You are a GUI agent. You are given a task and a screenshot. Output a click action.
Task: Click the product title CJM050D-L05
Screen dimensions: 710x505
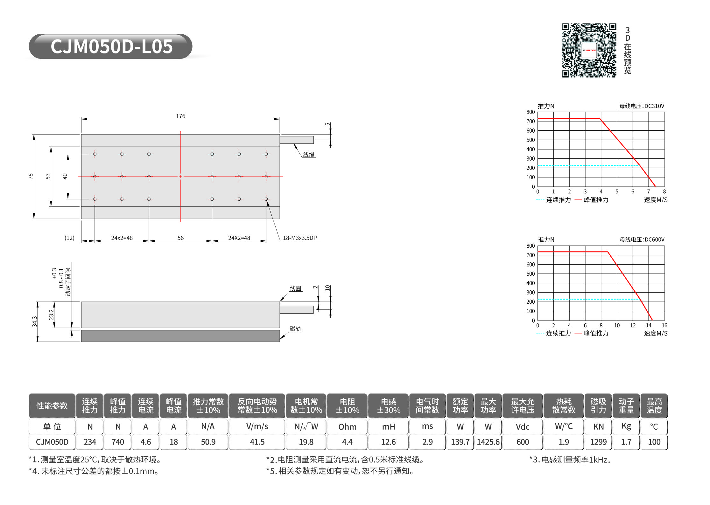point(111,46)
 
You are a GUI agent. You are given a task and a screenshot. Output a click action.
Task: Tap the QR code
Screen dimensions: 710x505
point(589,50)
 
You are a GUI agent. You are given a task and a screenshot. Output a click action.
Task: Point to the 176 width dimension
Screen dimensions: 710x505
point(180,116)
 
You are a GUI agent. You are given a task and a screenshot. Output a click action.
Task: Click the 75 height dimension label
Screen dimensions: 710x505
point(31,176)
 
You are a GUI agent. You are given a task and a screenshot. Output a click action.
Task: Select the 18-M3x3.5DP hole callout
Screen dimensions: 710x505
point(300,238)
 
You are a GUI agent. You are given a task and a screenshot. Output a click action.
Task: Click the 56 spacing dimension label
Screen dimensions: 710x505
point(180,238)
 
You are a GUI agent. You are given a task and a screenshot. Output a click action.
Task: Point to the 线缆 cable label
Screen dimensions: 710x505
point(308,155)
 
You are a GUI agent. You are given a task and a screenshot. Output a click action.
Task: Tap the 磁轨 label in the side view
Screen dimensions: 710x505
point(295,329)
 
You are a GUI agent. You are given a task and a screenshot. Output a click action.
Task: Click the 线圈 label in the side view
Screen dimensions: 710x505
point(295,288)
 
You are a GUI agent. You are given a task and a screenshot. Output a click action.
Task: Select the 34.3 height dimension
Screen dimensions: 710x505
point(34,322)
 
